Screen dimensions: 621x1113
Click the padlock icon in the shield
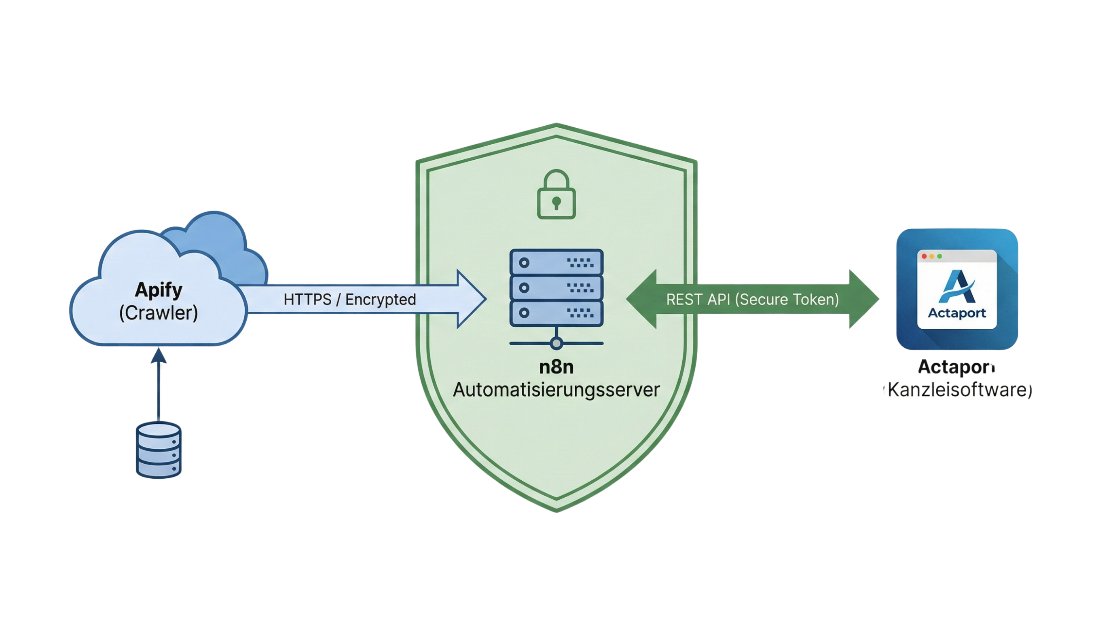(556, 195)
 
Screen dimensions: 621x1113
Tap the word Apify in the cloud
(159, 290)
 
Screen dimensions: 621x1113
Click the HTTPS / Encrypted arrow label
(349, 299)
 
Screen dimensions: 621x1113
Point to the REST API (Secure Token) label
(752, 299)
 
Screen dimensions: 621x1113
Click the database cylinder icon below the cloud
(159, 450)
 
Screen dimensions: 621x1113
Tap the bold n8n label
(556, 368)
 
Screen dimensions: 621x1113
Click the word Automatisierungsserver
(556, 390)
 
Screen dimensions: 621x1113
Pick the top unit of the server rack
(556, 262)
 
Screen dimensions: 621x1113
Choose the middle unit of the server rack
(556, 287)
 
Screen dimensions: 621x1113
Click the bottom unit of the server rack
(556, 312)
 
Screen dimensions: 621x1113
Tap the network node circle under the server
(556, 344)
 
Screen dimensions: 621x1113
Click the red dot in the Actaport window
(924, 256)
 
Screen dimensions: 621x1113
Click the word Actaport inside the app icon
(957, 313)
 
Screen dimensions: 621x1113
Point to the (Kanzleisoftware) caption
(958, 391)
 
